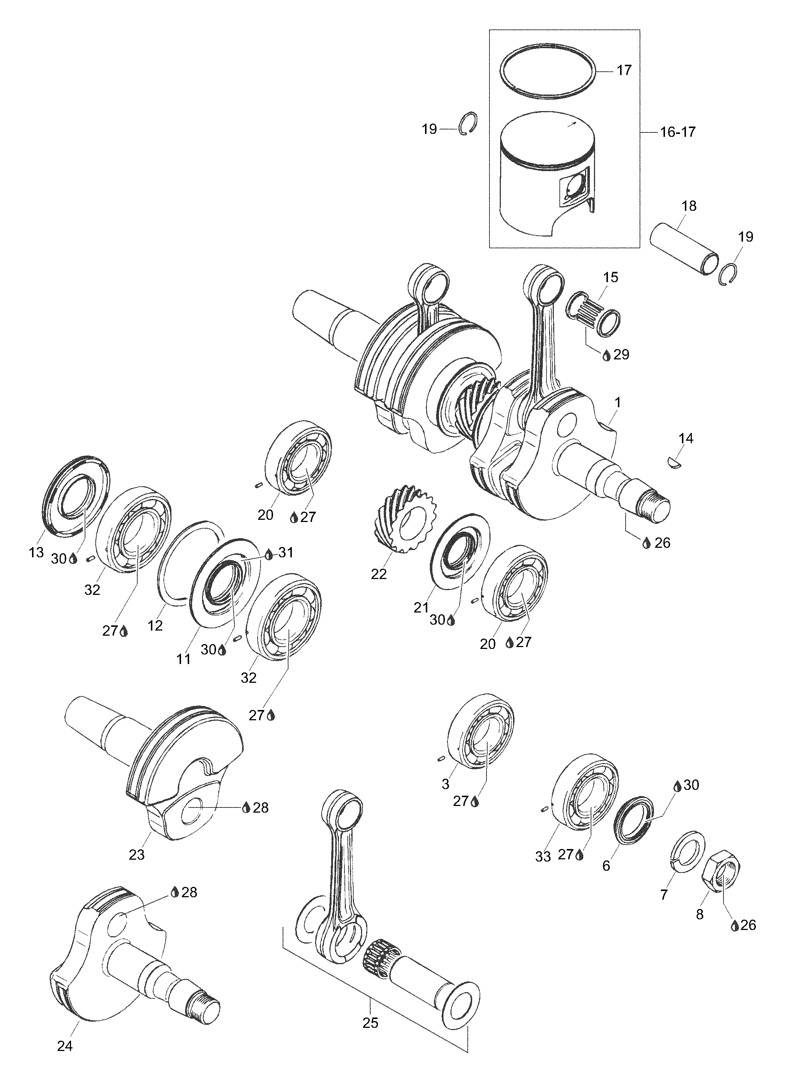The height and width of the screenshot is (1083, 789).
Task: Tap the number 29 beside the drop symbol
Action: point(621,354)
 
